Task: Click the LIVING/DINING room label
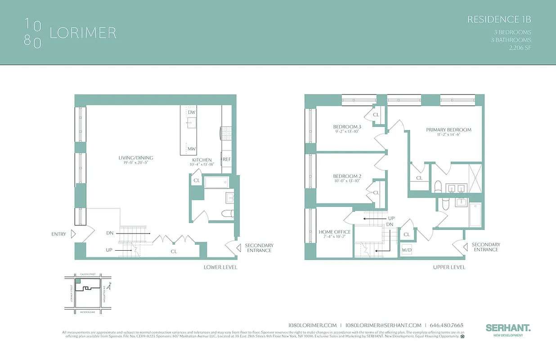click(x=136, y=158)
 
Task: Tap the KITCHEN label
click(x=202, y=160)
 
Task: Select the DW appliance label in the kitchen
click(x=192, y=112)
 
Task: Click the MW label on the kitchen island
click(x=192, y=149)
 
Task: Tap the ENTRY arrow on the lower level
click(x=73, y=234)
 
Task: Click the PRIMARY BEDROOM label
click(x=448, y=130)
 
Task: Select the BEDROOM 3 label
click(x=347, y=127)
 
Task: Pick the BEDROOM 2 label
click(x=347, y=176)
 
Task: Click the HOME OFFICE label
click(x=334, y=232)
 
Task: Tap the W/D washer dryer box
click(x=407, y=249)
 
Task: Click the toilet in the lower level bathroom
click(x=227, y=213)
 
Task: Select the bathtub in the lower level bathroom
click(x=217, y=182)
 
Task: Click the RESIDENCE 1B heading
click(x=499, y=19)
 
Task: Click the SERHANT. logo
click(x=508, y=328)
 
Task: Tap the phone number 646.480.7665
click(x=447, y=325)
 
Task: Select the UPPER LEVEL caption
click(x=449, y=267)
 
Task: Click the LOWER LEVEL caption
click(x=220, y=267)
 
